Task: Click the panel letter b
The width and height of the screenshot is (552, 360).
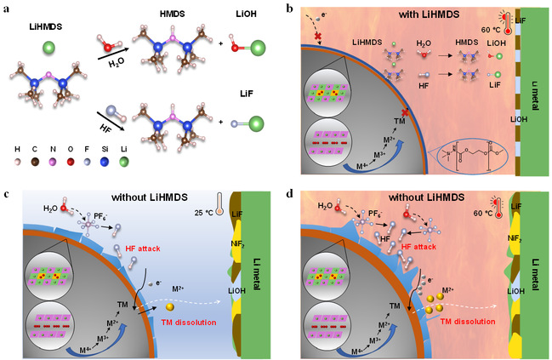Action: tap(291, 10)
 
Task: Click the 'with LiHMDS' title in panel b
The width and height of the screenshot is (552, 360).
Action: tap(406, 16)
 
